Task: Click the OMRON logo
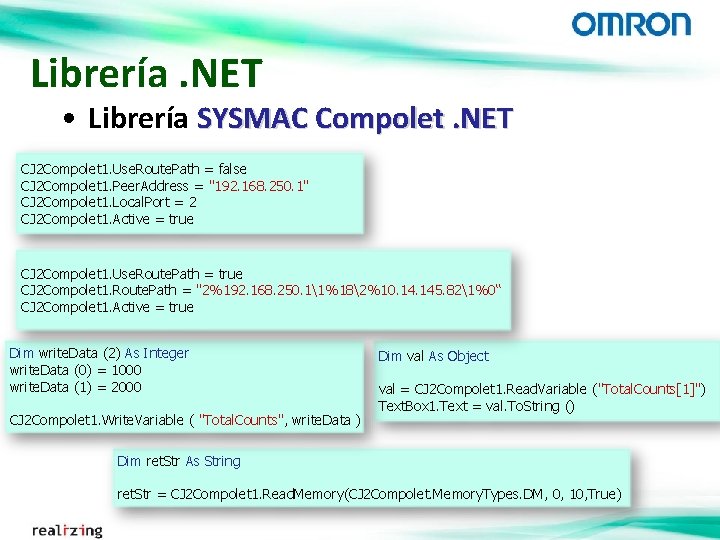tap(630, 24)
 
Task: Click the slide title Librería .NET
tap(146, 73)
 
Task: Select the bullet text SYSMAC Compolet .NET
tap(354, 119)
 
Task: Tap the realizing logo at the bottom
tap(67, 529)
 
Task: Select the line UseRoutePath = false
tap(133, 169)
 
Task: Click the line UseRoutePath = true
tap(131, 273)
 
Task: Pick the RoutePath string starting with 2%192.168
tap(349, 290)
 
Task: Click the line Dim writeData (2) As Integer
tap(98, 353)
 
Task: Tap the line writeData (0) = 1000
tap(75, 370)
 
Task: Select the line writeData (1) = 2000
tap(75, 387)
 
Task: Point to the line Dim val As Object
tap(433, 356)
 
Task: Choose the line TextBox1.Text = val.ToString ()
tap(476, 406)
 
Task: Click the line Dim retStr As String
tap(178, 461)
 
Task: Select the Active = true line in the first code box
tap(107, 219)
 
